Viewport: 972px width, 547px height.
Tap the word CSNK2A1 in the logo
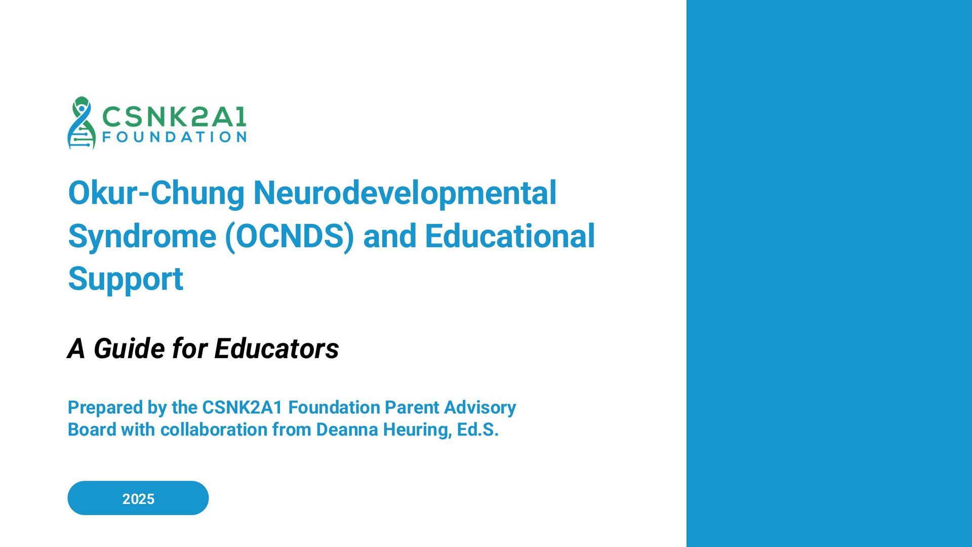click(174, 117)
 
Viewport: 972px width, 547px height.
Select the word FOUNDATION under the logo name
click(174, 137)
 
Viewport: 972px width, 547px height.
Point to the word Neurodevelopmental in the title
click(404, 193)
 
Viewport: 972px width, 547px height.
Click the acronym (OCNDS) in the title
click(289, 237)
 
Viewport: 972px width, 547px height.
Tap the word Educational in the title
click(510, 237)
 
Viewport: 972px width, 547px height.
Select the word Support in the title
click(125, 279)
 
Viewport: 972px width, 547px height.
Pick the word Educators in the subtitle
click(276, 348)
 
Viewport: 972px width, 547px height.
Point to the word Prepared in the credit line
click(105, 407)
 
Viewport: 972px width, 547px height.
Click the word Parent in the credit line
click(412, 407)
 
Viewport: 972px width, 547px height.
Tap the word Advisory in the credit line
click(480, 407)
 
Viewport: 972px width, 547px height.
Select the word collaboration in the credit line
click(214, 429)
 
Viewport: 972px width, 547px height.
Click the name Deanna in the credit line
click(347, 429)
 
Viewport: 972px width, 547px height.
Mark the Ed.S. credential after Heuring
click(477, 429)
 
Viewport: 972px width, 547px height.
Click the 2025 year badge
click(138, 498)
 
